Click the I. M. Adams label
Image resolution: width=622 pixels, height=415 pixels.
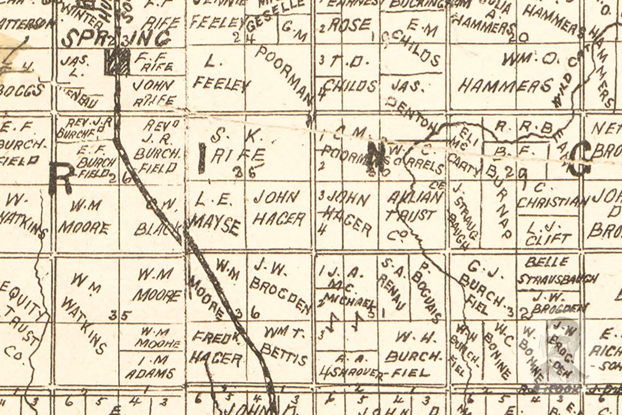[150, 367]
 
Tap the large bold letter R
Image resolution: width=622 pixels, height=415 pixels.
[61, 179]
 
